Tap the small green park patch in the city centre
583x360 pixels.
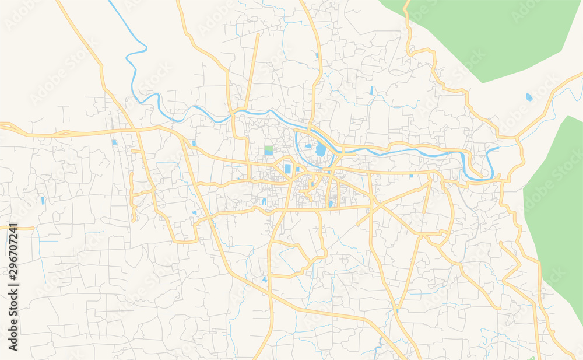click(x=268, y=150)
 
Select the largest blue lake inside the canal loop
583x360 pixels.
click(x=321, y=151)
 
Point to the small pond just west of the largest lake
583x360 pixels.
click(x=308, y=146)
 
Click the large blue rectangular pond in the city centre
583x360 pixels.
click(x=287, y=169)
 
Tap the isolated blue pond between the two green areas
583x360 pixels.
click(x=529, y=97)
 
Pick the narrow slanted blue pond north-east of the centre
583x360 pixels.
click(x=371, y=90)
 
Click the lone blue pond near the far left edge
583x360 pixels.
click(x=43, y=200)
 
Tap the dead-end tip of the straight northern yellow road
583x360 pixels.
click(x=257, y=35)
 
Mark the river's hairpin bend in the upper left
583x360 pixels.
click(x=130, y=55)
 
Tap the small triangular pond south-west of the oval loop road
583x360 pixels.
click(x=265, y=279)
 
